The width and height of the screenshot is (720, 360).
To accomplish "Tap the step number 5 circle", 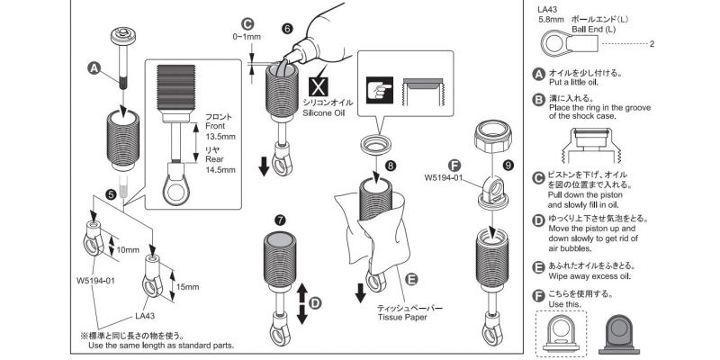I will click(x=111, y=193).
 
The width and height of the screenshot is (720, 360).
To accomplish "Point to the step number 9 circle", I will click(x=508, y=166).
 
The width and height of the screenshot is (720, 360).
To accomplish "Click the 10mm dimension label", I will click(x=128, y=249).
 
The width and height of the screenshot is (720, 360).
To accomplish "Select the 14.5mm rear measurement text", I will click(x=220, y=168).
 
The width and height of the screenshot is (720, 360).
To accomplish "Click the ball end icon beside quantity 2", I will click(x=562, y=42).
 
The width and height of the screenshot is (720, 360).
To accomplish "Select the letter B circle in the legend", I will click(x=539, y=96).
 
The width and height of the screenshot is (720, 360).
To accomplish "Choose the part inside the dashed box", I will click(x=568, y=329).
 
